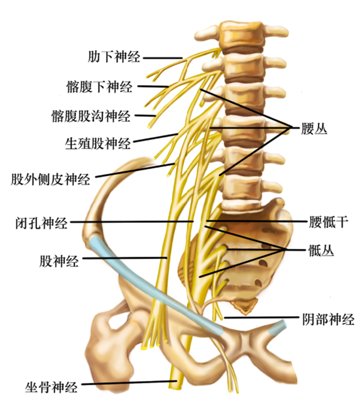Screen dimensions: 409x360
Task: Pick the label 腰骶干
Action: click(x=325, y=222)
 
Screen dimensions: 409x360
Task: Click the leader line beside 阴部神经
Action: click(x=260, y=318)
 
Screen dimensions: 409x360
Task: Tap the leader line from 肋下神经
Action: click(x=162, y=57)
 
